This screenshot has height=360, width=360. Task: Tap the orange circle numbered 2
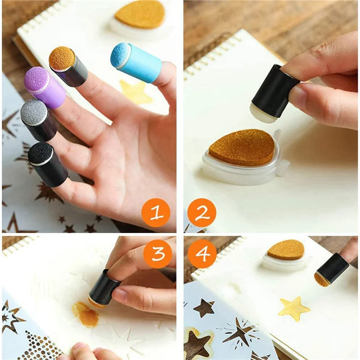[202, 212]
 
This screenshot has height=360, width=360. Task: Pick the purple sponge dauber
[45, 88]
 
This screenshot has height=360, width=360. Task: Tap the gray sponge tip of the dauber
[34, 112]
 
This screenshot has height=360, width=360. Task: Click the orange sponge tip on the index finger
[62, 58]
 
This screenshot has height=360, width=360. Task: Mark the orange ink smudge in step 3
[86, 314]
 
